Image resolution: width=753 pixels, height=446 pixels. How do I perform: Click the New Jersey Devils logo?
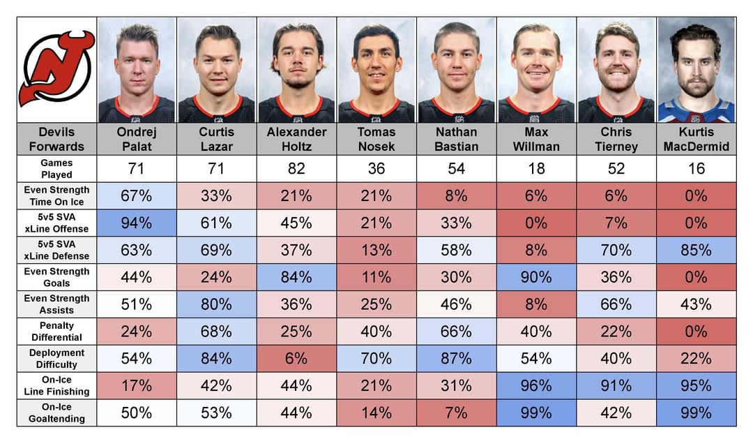point(56,68)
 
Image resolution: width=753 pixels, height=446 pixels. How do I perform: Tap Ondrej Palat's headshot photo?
point(137,70)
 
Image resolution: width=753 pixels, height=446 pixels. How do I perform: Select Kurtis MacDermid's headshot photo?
point(696,70)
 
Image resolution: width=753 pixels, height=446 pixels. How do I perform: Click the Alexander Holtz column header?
point(296,139)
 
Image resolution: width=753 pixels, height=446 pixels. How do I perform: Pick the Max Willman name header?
point(536,139)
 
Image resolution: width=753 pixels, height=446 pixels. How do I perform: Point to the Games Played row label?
point(56,168)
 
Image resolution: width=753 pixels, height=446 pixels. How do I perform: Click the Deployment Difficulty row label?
point(56,358)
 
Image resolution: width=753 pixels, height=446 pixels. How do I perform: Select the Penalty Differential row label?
point(56,331)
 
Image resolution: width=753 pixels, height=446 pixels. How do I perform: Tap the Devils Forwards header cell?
point(56,139)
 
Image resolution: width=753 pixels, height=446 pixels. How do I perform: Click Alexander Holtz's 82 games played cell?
point(296,168)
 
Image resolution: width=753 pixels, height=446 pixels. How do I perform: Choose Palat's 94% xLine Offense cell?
point(137,223)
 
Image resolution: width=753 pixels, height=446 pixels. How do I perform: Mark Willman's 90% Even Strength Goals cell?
point(536,276)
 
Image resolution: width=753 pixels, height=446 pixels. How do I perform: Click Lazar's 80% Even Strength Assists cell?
point(216,304)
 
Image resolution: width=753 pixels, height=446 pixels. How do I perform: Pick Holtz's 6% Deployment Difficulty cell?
point(296,358)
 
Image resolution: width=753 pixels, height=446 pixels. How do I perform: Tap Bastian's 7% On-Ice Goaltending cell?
point(456,412)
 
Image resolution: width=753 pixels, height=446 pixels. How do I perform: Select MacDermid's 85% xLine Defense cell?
point(696,249)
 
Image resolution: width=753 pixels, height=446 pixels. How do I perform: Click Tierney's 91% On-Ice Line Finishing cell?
point(616,385)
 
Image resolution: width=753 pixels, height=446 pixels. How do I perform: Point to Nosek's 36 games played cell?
point(376,168)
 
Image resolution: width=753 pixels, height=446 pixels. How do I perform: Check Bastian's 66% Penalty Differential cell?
point(456,331)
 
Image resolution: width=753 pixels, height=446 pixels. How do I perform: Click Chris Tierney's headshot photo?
point(616,70)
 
